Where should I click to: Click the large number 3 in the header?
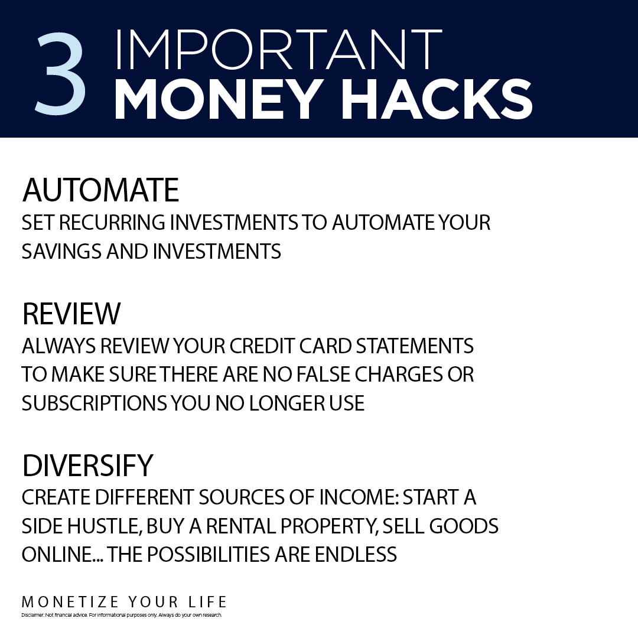[x=60, y=73]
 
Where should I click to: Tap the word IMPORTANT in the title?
[x=279, y=49]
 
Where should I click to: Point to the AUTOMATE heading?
[x=100, y=190]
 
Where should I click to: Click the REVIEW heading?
[x=71, y=314]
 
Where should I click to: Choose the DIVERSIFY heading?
[x=87, y=465]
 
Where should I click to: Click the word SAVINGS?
[x=61, y=251]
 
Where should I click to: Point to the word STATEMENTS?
[x=415, y=346]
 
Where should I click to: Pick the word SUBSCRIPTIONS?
[x=94, y=403]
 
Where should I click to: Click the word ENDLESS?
[x=356, y=554]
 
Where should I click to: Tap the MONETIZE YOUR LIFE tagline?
[x=124, y=602]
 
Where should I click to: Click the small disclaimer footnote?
[x=122, y=615]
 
